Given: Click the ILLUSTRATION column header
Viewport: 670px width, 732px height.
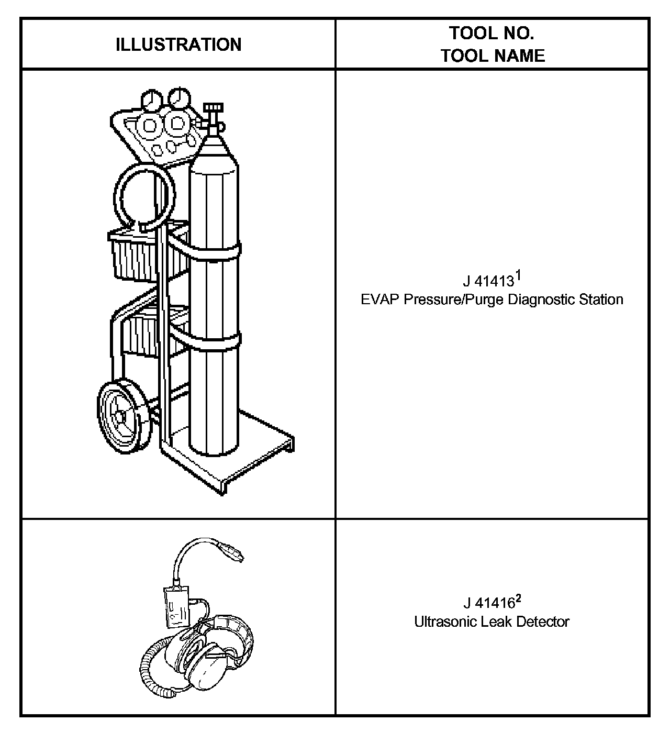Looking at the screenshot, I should tap(178, 45).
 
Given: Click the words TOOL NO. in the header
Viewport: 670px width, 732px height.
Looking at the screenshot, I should tap(492, 34).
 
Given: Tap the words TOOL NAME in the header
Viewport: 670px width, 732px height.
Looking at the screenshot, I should tap(493, 56).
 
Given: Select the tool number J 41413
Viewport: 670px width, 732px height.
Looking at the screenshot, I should tap(488, 282).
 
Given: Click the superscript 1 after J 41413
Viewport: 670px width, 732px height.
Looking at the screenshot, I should tap(518, 274).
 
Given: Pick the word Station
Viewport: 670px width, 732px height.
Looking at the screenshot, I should tap(601, 300).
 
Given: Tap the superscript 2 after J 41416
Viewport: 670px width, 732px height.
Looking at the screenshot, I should tap(518, 596).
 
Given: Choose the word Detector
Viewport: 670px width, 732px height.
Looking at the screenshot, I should tap(543, 622).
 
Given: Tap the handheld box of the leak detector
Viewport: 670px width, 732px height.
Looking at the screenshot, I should tap(177, 606).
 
